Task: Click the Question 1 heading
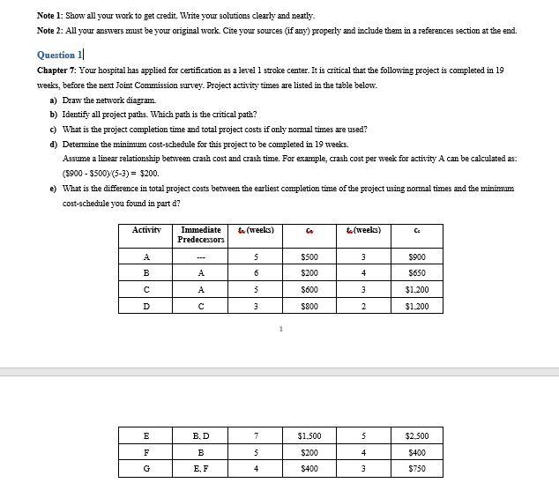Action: coord(61,54)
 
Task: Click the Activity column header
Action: coord(146,230)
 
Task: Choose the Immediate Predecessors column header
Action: coord(201,234)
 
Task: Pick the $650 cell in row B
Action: coord(416,273)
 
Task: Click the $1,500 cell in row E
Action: coord(309,435)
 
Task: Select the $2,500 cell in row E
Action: coord(416,435)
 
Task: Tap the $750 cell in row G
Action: coord(416,469)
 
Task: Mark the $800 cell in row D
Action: coord(309,307)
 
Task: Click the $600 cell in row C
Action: coord(309,290)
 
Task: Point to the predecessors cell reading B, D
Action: coord(201,435)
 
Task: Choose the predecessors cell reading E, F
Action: coord(201,469)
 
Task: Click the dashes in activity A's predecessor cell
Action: coord(201,256)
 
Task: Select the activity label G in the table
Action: coord(146,469)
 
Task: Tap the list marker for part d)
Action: coord(54,144)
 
